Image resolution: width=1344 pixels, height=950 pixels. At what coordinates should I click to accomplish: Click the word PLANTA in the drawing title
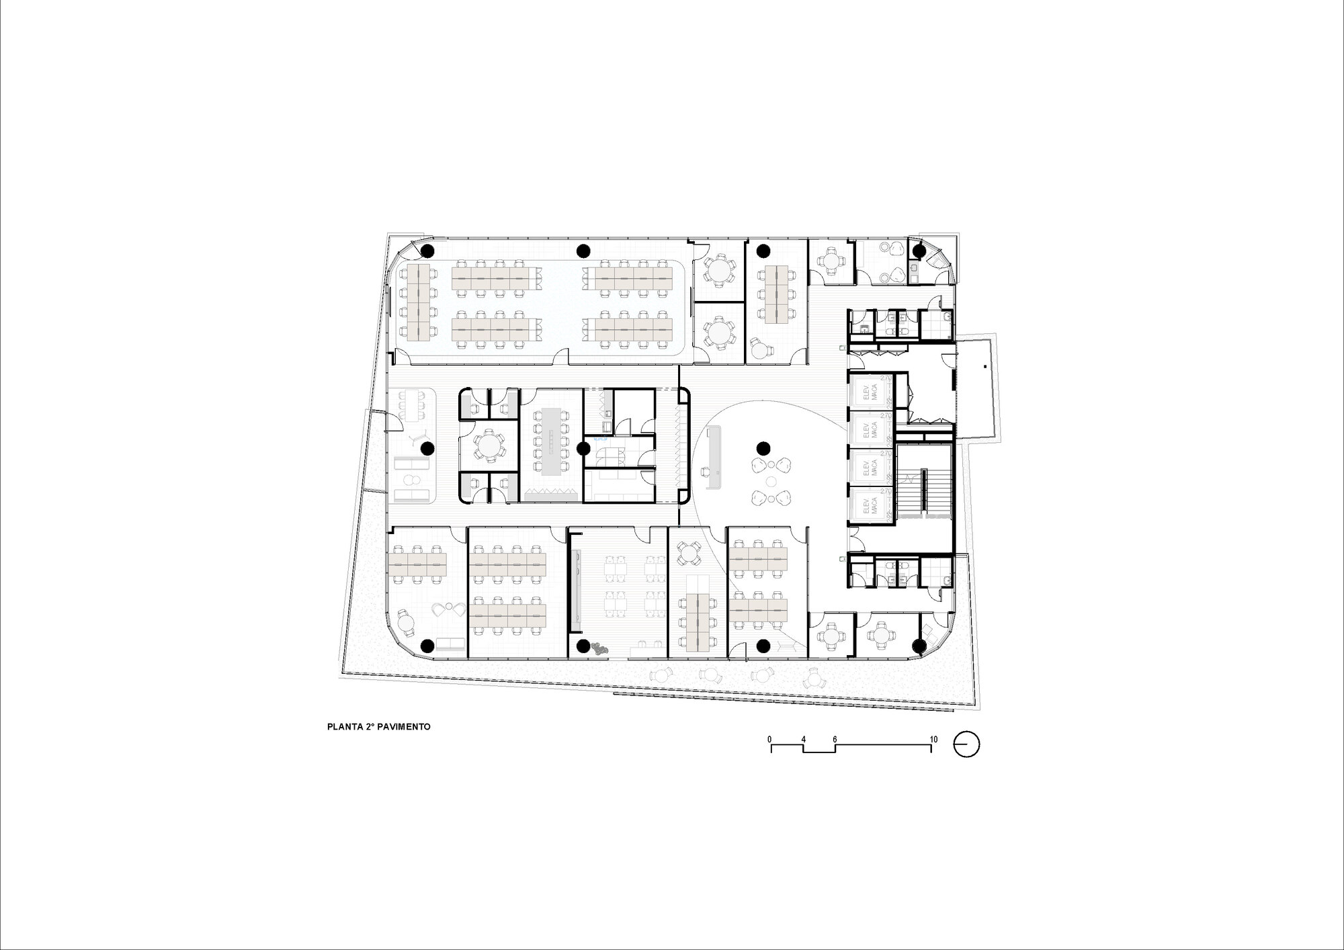click(x=342, y=727)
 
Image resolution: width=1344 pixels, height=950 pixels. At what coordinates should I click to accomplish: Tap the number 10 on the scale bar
click(x=933, y=739)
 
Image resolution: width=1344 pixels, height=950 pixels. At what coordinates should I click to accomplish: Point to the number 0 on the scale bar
click(x=770, y=739)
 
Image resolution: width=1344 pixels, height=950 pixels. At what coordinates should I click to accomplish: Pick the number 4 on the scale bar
click(x=803, y=739)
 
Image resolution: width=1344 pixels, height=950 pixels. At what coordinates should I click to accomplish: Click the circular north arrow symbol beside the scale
click(x=966, y=744)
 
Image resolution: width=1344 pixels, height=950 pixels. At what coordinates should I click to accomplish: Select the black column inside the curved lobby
click(x=762, y=447)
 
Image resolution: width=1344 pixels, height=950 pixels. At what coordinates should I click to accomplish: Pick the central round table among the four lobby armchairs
click(x=771, y=481)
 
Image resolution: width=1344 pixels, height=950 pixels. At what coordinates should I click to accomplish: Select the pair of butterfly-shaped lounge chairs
click(x=448, y=609)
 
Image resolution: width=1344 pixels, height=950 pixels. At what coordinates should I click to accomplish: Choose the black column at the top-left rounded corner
click(x=426, y=251)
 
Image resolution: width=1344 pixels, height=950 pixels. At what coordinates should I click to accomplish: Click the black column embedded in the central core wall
click(x=583, y=447)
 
